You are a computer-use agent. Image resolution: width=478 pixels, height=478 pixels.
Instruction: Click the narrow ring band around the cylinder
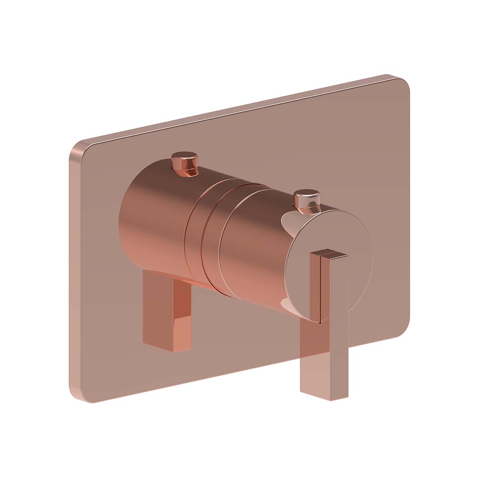pos(193,235)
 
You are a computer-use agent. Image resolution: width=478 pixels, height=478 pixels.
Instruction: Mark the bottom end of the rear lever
pos(167,345)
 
